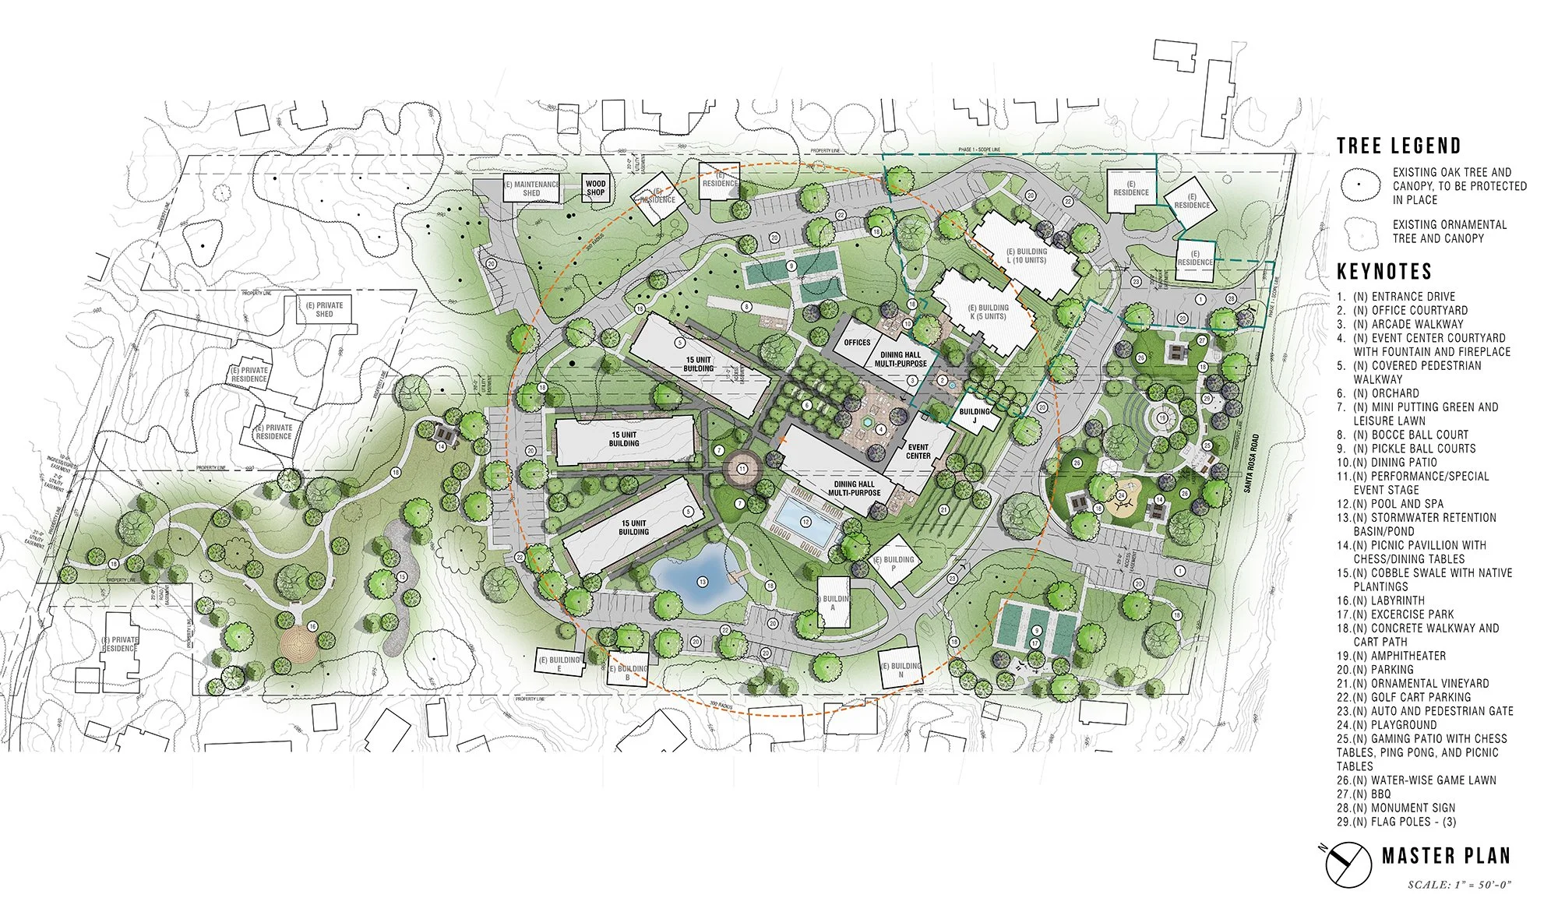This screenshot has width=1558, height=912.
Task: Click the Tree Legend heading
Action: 1398,146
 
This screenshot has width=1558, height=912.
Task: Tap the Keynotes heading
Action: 1384,271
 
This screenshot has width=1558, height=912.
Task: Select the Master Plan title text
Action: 1446,855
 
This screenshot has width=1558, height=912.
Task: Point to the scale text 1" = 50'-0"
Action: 1459,884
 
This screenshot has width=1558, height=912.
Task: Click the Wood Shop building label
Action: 595,188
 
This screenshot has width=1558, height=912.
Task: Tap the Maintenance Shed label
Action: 531,188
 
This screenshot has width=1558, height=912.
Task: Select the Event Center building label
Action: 918,451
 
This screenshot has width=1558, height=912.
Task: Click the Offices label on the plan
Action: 857,342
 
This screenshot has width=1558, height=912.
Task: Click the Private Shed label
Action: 325,309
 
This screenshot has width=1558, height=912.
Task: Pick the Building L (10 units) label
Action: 1026,255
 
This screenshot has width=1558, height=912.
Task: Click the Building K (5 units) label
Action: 988,312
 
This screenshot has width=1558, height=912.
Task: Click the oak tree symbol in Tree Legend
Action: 1361,185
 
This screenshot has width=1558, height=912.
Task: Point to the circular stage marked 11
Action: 742,469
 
